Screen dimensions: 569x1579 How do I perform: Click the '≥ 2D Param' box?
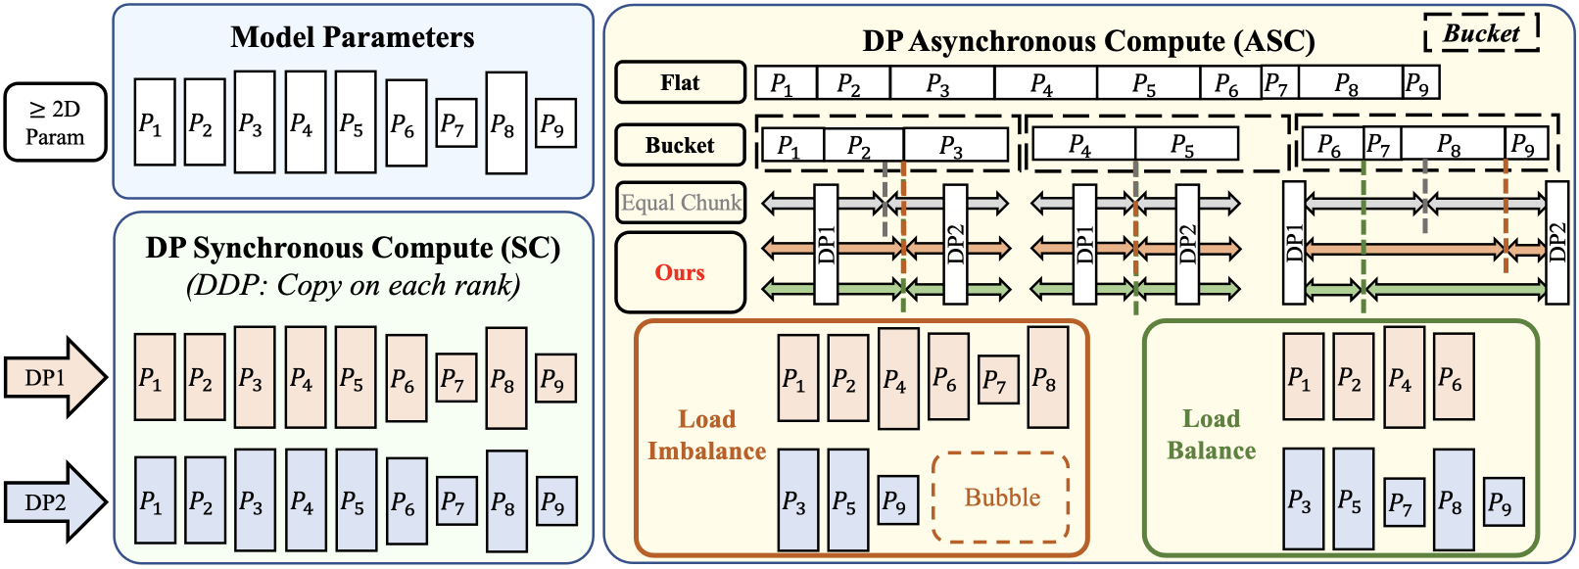click(55, 122)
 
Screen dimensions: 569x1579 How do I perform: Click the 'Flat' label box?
click(680, 82)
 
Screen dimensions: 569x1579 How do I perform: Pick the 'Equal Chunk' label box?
click(681, 203)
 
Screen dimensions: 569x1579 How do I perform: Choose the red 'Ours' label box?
click(680, 272)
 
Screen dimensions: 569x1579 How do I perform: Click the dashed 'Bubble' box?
click(1001, 498)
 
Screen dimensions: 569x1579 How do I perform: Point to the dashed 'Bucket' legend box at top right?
click(1481, 33)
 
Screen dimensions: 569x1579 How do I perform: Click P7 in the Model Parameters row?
click(455, 123)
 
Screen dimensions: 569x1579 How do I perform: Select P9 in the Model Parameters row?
click(555, 123)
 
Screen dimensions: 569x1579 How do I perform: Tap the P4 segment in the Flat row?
click(1044, 83)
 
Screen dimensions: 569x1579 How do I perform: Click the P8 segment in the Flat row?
click(1350, 83)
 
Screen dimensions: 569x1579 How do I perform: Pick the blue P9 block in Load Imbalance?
click(897, 500)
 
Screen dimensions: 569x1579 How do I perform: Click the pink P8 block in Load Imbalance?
click(1047, 378)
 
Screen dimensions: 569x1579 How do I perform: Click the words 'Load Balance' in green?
click(1211, 435)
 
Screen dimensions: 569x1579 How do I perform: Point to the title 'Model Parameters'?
click(353, 37)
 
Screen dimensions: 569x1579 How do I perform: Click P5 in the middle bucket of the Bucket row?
click(1185, 145)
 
